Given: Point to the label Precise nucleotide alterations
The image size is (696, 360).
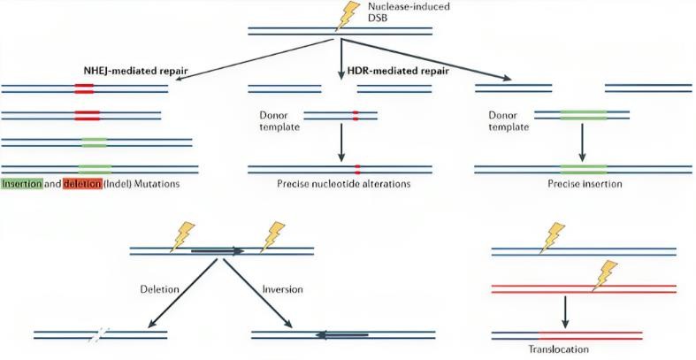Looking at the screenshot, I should click(340, 184).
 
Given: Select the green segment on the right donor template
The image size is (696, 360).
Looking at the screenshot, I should click(583, 114).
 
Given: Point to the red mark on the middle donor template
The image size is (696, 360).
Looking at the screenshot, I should click(356, 114).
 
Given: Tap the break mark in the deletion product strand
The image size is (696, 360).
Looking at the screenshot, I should click(100, 334).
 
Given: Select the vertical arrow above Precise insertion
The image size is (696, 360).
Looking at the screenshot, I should click(583, 139).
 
